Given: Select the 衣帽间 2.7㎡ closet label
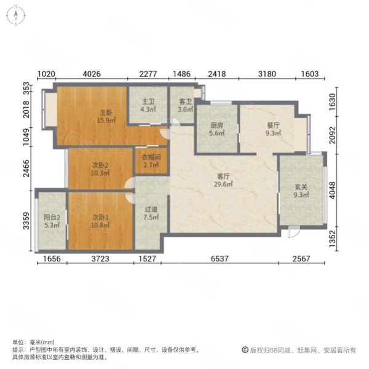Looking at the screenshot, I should point(151,161).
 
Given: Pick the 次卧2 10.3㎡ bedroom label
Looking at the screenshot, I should point(100,170).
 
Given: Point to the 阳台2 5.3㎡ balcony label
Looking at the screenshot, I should point(51,221).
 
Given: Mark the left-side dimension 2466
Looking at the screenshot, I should point(26,169).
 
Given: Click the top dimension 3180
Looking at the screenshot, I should point(267,75).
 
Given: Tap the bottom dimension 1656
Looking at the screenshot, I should point(50,260).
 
